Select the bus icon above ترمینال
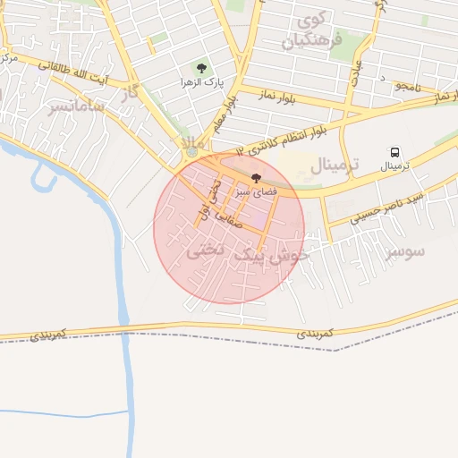393,154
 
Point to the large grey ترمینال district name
334,165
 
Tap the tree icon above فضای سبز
258,178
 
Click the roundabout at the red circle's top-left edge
191,154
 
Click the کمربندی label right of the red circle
315,332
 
